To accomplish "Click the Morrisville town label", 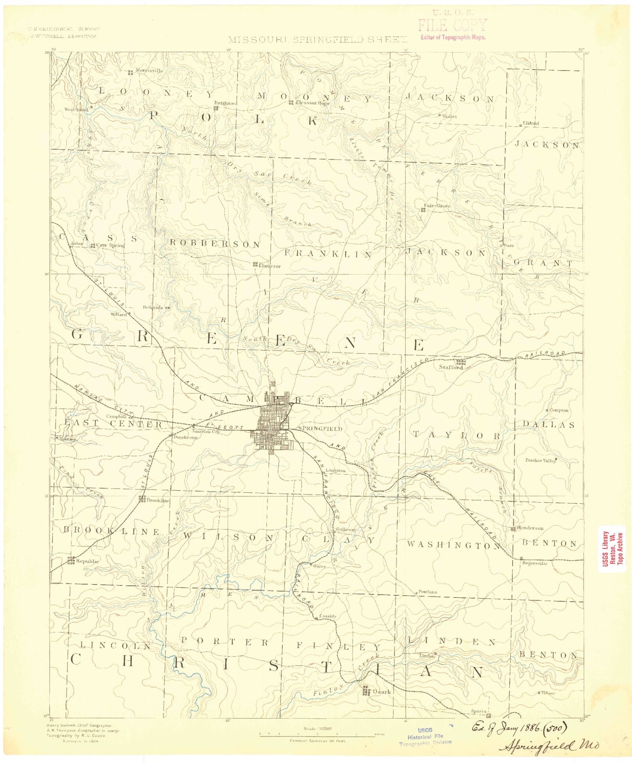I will click(149, 70).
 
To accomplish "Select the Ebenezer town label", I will click(270, 266).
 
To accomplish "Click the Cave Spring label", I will click(110, 245).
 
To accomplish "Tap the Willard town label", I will click(118, 314).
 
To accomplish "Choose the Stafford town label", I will click(451, 367).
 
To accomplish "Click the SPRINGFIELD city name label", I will click(320, 429).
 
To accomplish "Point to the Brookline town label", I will click(158, 500).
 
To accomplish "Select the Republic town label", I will click(88, 561).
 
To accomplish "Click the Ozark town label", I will click(382, 692).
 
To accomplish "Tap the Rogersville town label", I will click(534, 563).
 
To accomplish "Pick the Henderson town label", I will click(530, 528).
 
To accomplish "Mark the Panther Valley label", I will click(540, 461).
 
